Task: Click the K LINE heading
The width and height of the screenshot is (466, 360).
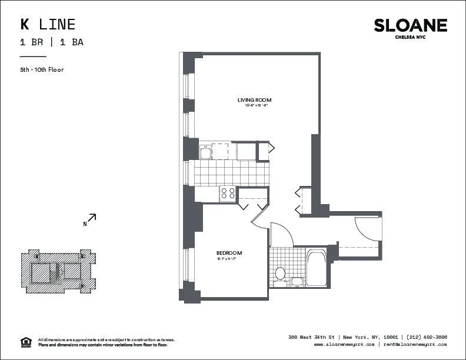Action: click(x=48, y=24)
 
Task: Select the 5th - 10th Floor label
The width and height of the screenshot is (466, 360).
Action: click(x=42, y=69)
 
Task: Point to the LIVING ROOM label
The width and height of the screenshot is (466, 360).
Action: click(x=254, y=100)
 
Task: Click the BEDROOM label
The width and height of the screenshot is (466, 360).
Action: click(x=229, y=253)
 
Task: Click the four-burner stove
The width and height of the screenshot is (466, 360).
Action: click(x=228, y=194)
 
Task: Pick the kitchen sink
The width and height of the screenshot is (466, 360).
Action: click(x=206, y=152)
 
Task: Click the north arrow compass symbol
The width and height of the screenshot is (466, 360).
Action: click(x=89, y=220)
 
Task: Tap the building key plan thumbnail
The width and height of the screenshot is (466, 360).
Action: click(x=58, y=271)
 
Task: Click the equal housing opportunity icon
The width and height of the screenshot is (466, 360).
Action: click(x=25, y=342)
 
